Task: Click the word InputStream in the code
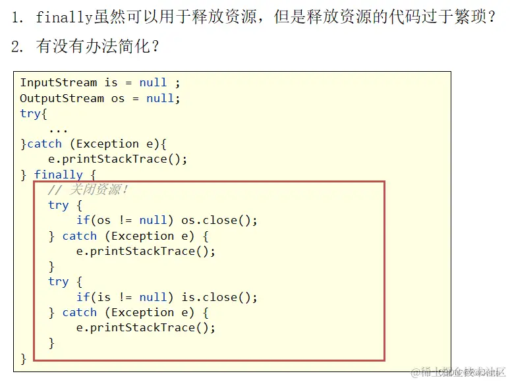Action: tap(59, 82)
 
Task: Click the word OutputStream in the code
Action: tap(62, 98)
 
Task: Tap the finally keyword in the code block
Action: tap(59, 175)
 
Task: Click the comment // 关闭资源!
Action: tap(88, 190)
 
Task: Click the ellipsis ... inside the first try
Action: tap(58, 128)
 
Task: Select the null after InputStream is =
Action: tap(153, 82)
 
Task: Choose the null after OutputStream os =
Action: tap(160, 98)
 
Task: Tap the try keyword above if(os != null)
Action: tap(59, 205)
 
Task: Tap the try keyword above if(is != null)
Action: tap(59, 281)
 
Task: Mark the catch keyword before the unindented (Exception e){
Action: tap(44, 144)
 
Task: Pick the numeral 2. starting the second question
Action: tap(17, 47)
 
